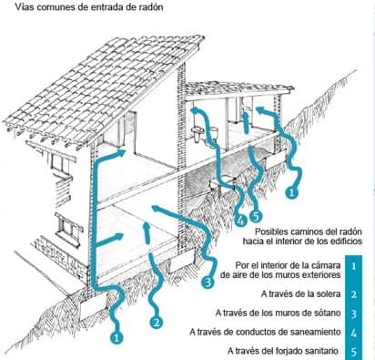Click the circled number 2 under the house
156,323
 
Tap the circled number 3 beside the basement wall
208,283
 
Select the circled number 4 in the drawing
239,221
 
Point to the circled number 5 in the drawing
256,216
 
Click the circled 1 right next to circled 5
291,192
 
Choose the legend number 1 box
353,266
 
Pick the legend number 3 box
353,314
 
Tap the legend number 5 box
353,352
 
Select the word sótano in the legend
327,313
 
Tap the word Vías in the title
23,7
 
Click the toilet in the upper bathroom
213,134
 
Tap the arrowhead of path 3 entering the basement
157,209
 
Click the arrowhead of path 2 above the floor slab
147,226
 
